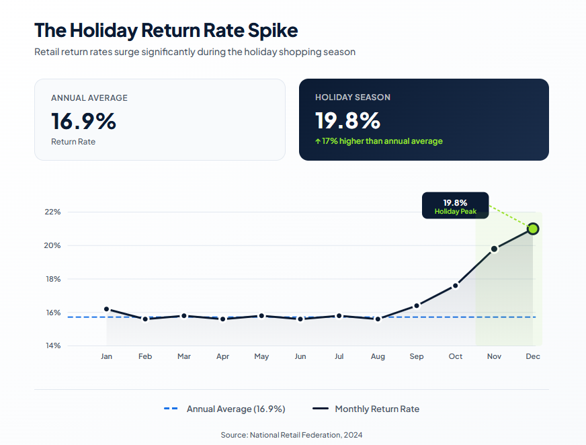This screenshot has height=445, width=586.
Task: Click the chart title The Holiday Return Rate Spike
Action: coord(166,30)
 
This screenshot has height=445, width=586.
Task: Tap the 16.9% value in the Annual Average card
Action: coord(83,121)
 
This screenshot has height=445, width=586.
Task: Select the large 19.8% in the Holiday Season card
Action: coord(347,121)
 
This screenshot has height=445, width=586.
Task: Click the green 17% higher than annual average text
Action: coord(379,141)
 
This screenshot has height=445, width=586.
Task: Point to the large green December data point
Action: coord(533,229)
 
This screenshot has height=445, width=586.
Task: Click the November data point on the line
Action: coord(494,249)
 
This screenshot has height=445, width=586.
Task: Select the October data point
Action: coord(456,286)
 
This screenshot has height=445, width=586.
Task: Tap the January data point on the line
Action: coord(106,309)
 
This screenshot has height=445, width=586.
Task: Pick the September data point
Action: coord(417,306)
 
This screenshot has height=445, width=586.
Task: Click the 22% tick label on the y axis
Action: coord(52,212)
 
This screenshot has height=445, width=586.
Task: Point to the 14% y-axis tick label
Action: coord(52,346)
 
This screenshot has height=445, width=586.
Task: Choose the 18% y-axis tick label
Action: coord(52,279)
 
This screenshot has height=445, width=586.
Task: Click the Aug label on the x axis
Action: coord(378,356)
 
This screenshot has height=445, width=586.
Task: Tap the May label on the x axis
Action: coord(261,356)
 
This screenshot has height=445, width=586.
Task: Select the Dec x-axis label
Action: coord(533,356)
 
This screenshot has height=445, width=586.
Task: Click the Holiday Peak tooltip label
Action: coord(455,212)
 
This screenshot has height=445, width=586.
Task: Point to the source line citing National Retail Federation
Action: coord(292,435)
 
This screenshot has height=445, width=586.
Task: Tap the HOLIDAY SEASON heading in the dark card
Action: coord(352,97)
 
